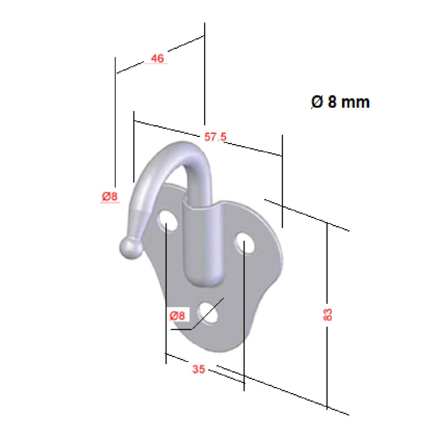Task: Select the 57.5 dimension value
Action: pos(215,137)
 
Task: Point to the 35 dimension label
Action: pos(199,370)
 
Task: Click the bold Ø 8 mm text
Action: pos(340,102)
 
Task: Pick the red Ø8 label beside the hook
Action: pos(109,197)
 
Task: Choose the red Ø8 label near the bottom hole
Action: pos(178,315)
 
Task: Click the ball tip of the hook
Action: pos(130,248)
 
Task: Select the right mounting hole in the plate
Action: pos(244,243)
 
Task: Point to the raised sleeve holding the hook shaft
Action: pos(200,241)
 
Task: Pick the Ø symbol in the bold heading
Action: pos(316,102)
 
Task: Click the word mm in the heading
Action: pos(355,102)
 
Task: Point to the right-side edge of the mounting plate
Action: pos(280,257)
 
